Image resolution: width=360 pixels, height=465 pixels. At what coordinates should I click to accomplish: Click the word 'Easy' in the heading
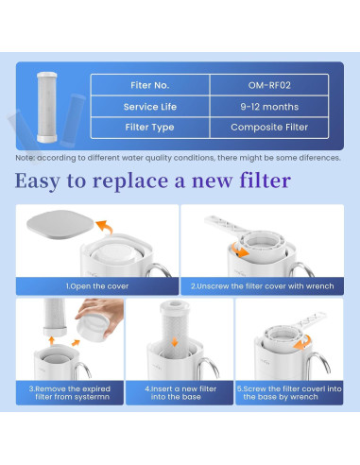[56, 180]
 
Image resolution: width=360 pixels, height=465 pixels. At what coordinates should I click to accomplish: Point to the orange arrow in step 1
[105, 227]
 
